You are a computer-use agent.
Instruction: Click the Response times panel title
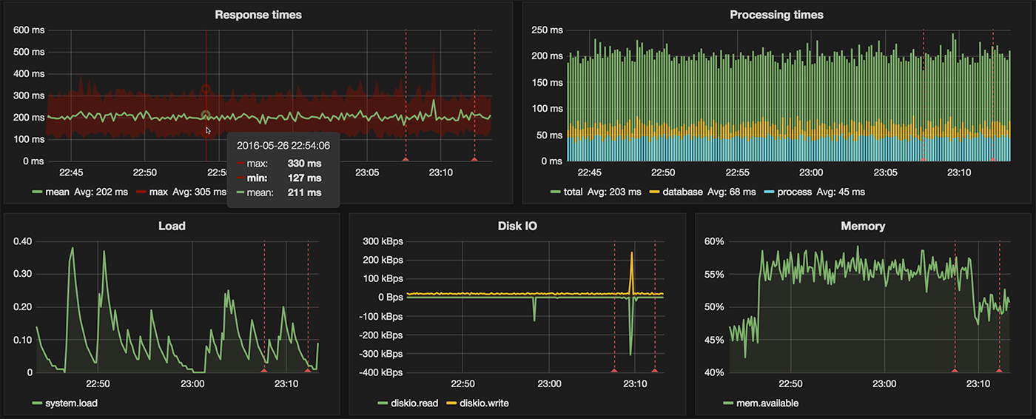coord(258,15)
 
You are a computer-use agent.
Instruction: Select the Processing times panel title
coord(776,15)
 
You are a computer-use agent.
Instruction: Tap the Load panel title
coord(172,226)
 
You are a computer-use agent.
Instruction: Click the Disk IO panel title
coord(517,226)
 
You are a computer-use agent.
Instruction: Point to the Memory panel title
coord(863,226)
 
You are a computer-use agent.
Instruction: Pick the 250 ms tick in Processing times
coord(548,30)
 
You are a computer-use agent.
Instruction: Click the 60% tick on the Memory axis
coord(714,241)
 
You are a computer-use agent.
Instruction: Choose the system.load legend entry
coord(71,403)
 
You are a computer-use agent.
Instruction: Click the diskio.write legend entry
coord(484,403)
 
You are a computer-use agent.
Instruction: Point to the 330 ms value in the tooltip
coord(304,164)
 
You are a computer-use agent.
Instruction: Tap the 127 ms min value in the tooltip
coord(304,178)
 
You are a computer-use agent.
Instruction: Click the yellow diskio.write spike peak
coord(632,253)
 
